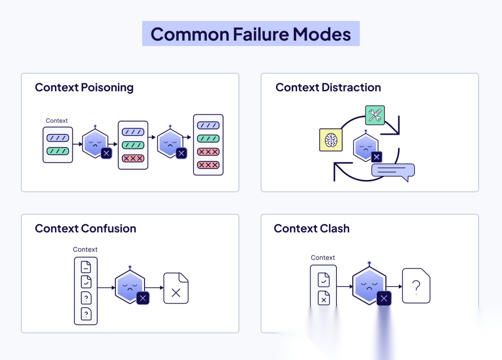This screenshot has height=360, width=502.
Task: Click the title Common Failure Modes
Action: [251, 34]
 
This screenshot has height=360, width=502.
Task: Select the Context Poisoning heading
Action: [84, 87]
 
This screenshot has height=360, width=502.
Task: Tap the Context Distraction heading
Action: [328, 87]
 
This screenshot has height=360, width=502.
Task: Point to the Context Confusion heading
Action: [86, 228]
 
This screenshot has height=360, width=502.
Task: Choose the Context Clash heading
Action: [311, 228]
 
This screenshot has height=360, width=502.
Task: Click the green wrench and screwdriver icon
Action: [375, 115]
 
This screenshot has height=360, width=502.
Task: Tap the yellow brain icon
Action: [330, 140]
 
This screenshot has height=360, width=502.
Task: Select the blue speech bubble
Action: [393, 171]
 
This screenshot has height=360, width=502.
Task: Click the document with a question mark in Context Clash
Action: [416, 286]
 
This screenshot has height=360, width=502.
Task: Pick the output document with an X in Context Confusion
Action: [176, 288]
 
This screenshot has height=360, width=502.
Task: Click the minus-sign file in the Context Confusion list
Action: [86, 267]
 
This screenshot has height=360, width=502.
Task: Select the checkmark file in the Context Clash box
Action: [324, 280]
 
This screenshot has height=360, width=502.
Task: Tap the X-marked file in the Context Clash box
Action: [324, 298]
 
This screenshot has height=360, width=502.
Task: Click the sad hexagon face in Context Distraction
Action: [365, 146]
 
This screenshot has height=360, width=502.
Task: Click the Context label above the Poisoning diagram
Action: [57, 120]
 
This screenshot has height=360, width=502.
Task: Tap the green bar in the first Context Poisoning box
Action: [58, 151]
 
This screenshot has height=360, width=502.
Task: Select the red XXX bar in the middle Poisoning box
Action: [133, 158]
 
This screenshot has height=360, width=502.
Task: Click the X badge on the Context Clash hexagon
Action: [383, 299]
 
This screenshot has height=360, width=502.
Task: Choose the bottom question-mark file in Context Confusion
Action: [86, 314]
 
